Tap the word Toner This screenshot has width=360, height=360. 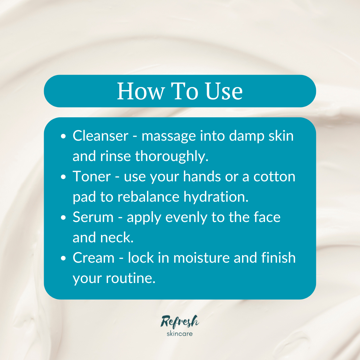[x=91, y=177]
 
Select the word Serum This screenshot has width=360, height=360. [x=93, y=217]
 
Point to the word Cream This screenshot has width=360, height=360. [x=93, y=258]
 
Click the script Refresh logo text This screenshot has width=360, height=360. [x=180, y=321]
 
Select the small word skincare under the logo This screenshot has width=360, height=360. [x=180, y=333]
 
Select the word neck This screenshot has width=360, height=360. [x=119, y=238]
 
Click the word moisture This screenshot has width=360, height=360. [x=197, y=258]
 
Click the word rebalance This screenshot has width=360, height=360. [x=148, y=197]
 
